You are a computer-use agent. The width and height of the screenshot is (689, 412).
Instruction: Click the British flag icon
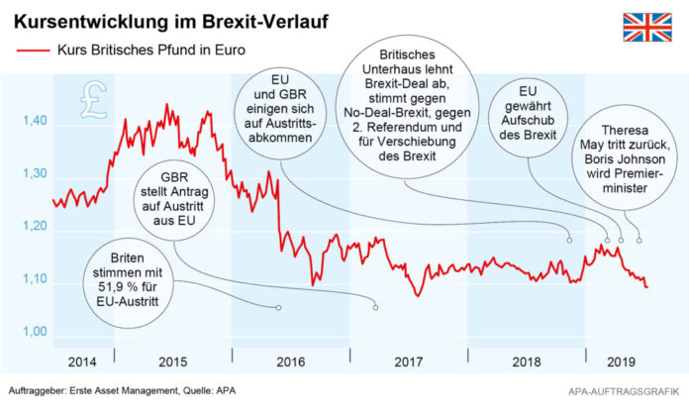[646, 28]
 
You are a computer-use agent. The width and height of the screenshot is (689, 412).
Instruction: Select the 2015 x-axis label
[174, 364]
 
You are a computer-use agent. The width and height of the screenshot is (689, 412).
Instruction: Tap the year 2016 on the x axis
[290, 364]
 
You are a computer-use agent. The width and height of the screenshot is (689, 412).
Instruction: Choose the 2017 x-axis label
[408, 364]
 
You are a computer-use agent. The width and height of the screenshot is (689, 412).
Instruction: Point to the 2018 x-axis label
[524, 364]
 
